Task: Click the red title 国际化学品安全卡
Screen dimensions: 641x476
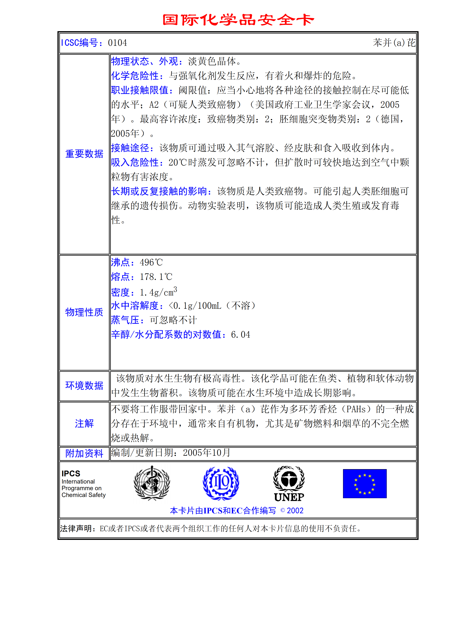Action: click(238, 20)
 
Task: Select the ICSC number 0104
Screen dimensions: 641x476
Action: click(117, 43)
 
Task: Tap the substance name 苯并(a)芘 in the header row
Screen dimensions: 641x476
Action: click(394, 43)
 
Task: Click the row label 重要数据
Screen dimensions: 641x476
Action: click(84, 154)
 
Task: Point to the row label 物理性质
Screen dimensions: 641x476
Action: click(84, 312)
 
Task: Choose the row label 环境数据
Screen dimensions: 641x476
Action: click(84, 385)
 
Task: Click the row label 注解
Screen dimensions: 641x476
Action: click(84, 424)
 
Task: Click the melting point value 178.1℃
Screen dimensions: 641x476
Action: click(156, 277)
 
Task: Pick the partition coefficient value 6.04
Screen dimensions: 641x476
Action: click(241, 335)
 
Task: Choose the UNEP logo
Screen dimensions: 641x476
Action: click(289, 484)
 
